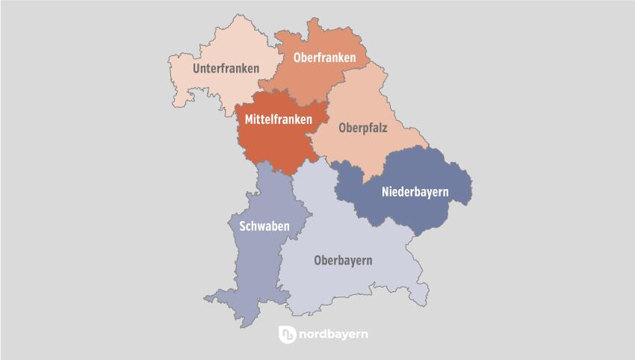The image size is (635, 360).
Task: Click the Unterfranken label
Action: [226, 69]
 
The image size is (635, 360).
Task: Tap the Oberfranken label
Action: [324, 58]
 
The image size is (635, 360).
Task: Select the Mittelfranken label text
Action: [279, 118]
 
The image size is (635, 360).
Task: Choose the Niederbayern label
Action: [415, 192]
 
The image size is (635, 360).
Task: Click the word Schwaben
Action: [264, 226]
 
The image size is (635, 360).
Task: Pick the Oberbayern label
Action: [343, 261]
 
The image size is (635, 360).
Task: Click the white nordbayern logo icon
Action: [287, 335]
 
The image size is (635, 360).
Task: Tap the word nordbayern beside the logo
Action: [333, 335]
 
